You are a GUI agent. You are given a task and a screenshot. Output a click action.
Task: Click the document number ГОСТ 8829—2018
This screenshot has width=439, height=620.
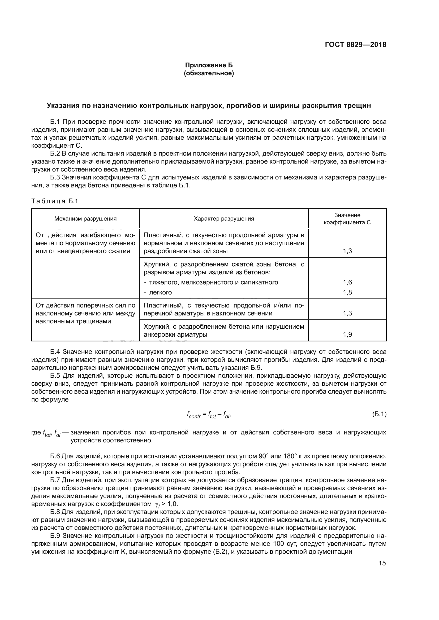(x=355, y=45)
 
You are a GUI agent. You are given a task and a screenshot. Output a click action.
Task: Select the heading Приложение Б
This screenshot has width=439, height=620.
(x=209, y=65)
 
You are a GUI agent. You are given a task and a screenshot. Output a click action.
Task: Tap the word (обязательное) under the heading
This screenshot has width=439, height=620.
(x=209, y=73)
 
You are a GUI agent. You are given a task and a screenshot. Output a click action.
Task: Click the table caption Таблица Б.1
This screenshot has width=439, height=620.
(x=55, y=201)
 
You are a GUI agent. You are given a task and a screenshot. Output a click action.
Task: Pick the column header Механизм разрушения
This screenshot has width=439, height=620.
(x=85, y=219)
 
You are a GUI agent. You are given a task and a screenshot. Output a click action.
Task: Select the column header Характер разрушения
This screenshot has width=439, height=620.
(x=224, y=219)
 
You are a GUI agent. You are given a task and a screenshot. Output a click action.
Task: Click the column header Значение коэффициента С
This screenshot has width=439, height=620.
(x=347, y=219)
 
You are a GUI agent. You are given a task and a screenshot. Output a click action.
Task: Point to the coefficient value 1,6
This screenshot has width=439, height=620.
(x=347, y=282)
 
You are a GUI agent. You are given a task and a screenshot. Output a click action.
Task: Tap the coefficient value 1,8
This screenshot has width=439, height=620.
(x=347, y=292)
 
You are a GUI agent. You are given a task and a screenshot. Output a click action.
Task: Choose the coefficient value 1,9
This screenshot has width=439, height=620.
(x=347, y=335)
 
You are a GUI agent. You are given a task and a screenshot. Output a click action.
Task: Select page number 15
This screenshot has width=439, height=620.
(x=382, y=563)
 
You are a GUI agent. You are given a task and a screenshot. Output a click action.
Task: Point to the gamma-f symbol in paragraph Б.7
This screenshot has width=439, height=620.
(x=158, y=504)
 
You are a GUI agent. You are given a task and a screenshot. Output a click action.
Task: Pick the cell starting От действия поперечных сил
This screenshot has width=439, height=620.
(x=85, y=313)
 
